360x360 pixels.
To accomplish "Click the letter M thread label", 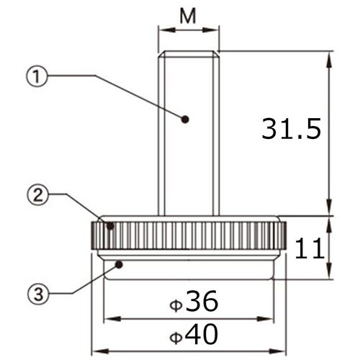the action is point(188,16).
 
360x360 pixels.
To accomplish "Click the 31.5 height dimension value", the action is point(291,128).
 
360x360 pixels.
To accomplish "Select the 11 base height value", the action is point(310,248).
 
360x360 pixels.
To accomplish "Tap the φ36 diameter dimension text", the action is point(194,301).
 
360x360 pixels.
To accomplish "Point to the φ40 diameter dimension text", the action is point(194,334).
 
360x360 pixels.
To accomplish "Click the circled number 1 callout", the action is point(37,76).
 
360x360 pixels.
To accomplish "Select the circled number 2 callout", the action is point(37,196).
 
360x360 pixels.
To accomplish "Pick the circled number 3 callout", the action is point(38,294).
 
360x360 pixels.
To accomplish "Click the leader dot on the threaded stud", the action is point(185,120).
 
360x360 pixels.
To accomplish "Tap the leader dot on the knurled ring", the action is point(110,225).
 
